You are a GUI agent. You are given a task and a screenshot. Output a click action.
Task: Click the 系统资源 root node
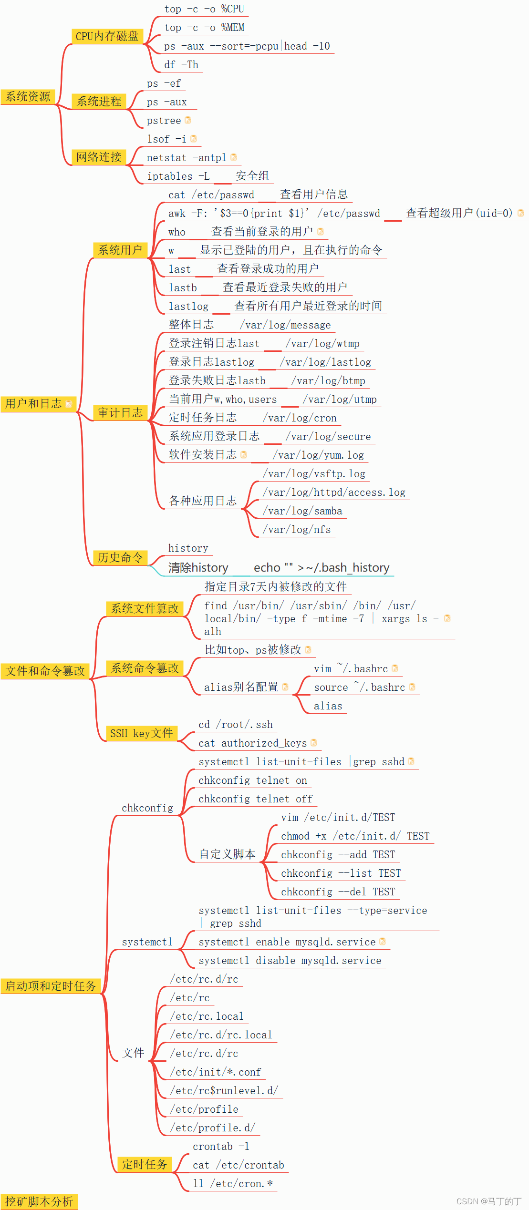pos(28,97)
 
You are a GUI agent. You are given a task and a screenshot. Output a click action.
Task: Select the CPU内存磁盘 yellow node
pos(107,36)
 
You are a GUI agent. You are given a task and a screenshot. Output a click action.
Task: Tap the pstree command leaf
pos(164,121)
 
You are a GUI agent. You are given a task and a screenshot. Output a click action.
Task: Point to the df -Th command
pos(181,65)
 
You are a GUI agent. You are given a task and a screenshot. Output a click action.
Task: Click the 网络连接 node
pos(99,157)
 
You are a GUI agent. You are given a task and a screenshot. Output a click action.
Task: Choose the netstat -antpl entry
pos(187,158)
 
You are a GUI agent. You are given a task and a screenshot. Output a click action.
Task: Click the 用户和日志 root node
pos(34,404)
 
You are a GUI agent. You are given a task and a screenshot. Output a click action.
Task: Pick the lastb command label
pos(183,288)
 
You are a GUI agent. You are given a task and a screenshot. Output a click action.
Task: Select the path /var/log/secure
pos(328,437)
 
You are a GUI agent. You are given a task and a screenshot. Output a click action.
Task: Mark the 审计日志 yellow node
pos(120,413)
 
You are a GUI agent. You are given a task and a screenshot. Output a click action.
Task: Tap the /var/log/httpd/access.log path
pos(334,492)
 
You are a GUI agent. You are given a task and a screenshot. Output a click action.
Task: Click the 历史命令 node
pos(120,557)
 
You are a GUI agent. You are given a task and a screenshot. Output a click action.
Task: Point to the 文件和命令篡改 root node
pos(45,671)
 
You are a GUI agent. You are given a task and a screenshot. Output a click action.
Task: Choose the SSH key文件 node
pos(141,733)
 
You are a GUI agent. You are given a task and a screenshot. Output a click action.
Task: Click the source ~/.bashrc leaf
pos(359,687)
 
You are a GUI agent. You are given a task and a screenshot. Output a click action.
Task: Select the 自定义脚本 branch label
pos(227,854)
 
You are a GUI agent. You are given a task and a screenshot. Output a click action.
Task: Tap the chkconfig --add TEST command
pos(338,855)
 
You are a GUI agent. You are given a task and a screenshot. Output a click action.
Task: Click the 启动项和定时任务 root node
pos(51,986)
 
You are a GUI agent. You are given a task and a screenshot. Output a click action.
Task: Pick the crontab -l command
pos(221,1147)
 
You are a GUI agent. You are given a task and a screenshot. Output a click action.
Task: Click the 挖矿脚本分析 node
pos(39,1202)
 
